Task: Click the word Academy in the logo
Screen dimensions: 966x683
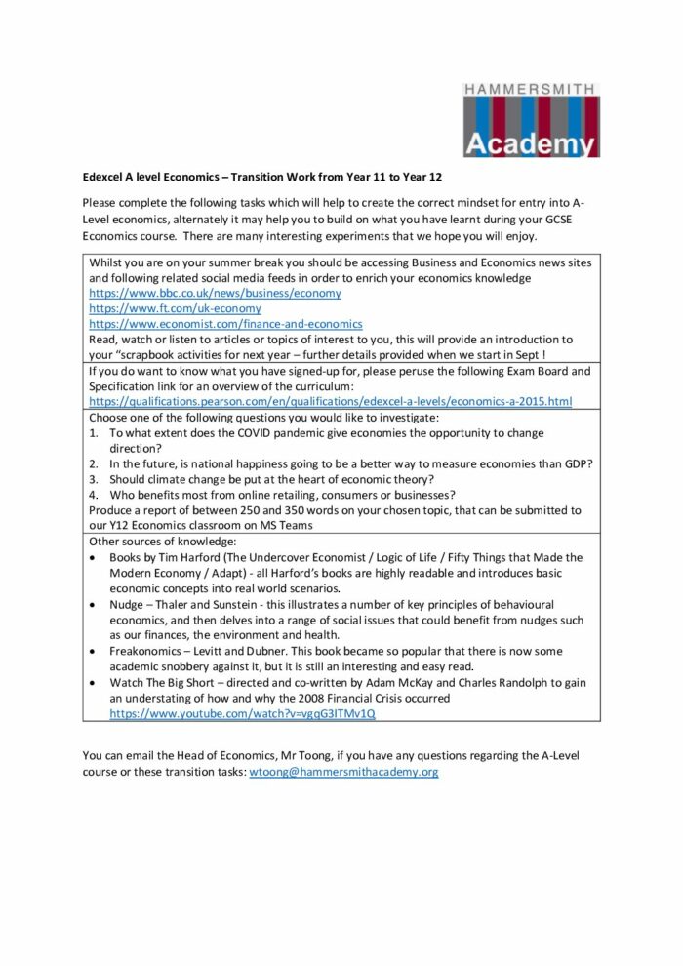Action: pyautogui.click(x=531, y=144)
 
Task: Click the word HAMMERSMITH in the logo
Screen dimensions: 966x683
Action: pyautogui.click(x=531, y=89)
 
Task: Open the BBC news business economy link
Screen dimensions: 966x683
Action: pyautogui.click(x=215, y=293)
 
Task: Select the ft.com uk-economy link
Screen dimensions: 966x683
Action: pyautogui.click(x=175, y=308)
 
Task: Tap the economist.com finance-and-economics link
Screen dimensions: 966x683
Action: pyautogui.click(x=225, y=324)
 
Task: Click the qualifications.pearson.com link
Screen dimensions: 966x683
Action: pyautogui.click(x=330, y=402)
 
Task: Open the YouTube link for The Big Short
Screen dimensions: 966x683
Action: pyautogui.click(x=242, y=713)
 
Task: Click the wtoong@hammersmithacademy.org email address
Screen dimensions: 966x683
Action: pyautogui.click(x=343, y=772)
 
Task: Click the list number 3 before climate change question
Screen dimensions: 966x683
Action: pyautogui.click(x=94, y=479)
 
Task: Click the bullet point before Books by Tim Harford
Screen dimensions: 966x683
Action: pyautogui.click(x=93, y=558)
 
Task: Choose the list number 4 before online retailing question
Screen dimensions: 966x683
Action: pyautogui.click(x=94, y=495)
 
